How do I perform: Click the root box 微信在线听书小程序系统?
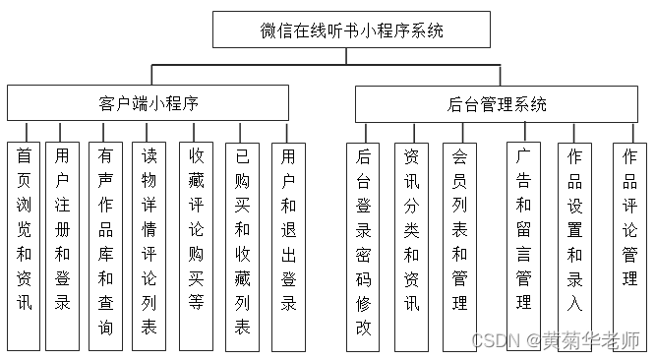click(351, 30)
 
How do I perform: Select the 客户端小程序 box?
click(148, 102)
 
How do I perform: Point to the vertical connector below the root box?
click(347, 56)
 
